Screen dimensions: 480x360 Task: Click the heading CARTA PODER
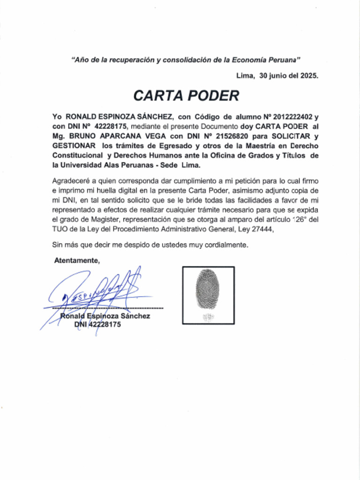pyautogui.click(x=186, y=96)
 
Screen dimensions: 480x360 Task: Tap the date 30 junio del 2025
pyautogui.click(x=289, y=75)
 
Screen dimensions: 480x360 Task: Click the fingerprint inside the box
pyautogui.click(x=208, y=289)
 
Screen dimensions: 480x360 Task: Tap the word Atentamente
pyautogui.click(x=77, y=260)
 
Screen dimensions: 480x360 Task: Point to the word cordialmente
pyautogui.click(x=224, y=245)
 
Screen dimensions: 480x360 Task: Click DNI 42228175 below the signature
pyautogui.click(x=97, y=324)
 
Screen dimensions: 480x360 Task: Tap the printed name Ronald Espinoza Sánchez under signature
pyautogui.click(x=105, y=316)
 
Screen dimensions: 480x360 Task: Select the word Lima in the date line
pyautogui.click(x=245, y=75)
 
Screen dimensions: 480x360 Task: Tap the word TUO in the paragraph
pyautogui.click(x=60, y=230)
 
